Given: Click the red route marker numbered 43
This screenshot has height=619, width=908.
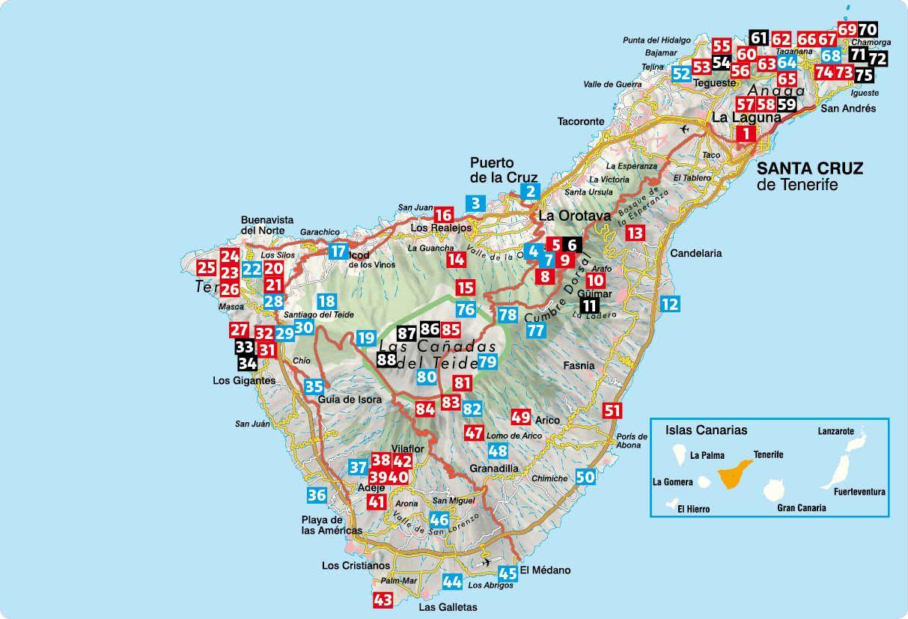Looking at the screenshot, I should (383, 600).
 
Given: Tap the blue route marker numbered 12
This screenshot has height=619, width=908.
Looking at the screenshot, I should (670, 304).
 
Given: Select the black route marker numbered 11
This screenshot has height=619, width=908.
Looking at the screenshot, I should (589, 305).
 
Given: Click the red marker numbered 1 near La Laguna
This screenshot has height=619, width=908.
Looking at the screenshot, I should (746, 134).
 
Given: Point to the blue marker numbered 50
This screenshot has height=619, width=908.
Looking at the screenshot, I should (586, 476).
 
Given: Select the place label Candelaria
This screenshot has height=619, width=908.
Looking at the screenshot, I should (696, 253).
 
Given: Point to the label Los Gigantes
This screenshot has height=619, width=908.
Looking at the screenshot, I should (244, 380).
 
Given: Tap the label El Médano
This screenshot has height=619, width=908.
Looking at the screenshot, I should (545, 570).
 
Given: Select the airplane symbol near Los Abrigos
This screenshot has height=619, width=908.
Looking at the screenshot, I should (487, 561).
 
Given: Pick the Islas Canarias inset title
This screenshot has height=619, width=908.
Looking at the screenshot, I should (706, 430).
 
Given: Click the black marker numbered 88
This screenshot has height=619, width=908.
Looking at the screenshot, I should (386, 359).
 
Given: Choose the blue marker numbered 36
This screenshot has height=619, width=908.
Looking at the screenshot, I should (317, 495).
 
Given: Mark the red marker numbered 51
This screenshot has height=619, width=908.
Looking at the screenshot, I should (612, 409).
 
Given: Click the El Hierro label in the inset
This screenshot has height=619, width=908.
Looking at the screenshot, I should (692, 509).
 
